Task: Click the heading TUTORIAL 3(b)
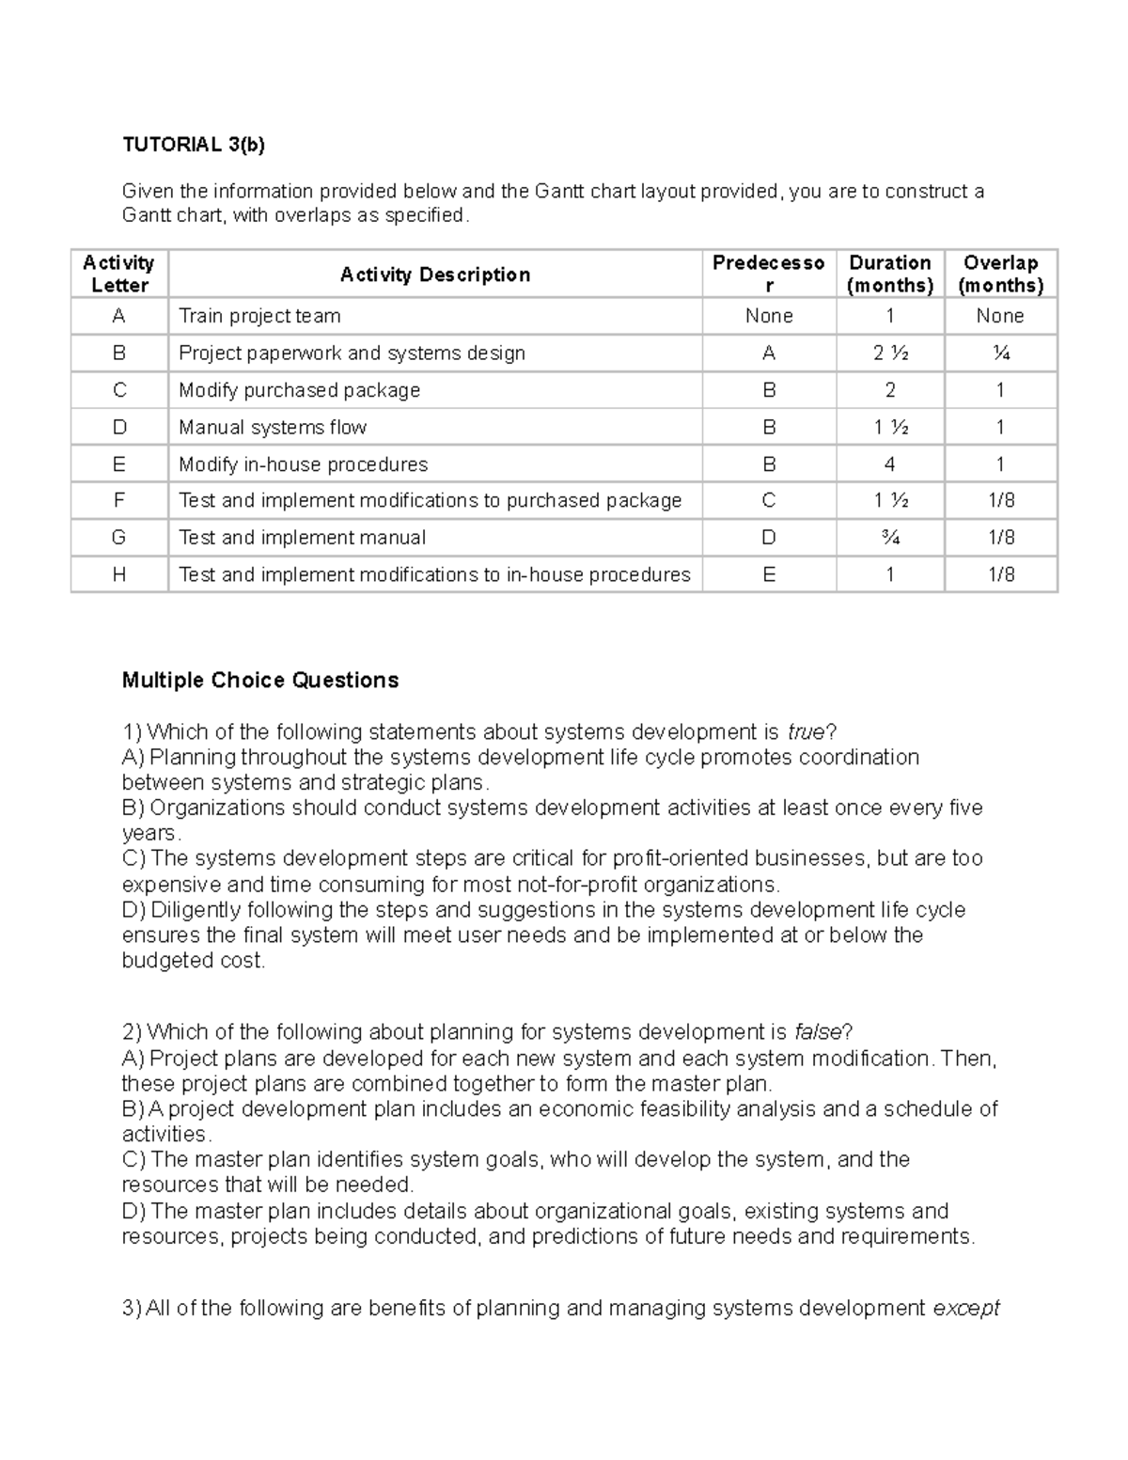coord(194,145)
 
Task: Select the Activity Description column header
coord(435,275)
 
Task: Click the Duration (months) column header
coord(889,274)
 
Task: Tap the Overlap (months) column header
coord(1000,274)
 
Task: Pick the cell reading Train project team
coord(259,316)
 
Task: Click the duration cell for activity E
coord(889,464)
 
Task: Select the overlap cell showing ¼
coord(1000,353)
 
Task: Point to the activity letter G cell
coord(119,538)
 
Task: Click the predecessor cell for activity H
coord(769,574)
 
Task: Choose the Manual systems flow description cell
coord(273,428)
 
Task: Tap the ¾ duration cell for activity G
coord(889,538)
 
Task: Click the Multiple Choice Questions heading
coord(260,681)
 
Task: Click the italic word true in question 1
coord(805,732)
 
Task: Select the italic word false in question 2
coord(817,1032)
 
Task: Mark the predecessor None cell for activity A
coord(769,316)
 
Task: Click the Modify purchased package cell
coord(299,390)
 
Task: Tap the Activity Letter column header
coord(119,274)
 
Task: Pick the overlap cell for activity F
coord(1000,501)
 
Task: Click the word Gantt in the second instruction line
coord(148,215)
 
